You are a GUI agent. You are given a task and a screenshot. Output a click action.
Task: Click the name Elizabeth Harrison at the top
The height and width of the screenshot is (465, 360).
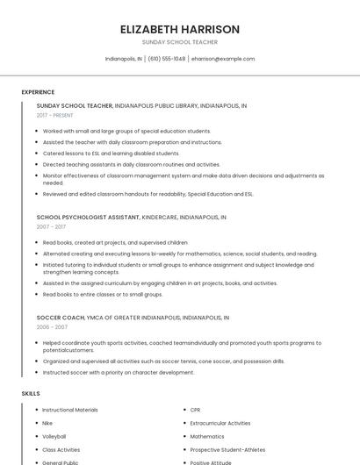pyautogui.click(x=179, y=29)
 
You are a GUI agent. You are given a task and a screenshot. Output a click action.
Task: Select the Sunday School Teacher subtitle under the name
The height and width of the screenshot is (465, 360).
pyautogui.click(x=179, y=42)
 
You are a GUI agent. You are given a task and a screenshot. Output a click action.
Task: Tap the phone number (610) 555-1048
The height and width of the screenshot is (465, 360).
pyautogui.click(x=167, y=59)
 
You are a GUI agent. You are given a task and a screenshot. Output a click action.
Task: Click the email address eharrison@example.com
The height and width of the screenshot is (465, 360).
pyautogui.click(x=223, y=59)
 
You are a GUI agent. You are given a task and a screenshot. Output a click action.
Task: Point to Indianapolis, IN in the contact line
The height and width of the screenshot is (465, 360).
pyautogui.click(x=124, y=59)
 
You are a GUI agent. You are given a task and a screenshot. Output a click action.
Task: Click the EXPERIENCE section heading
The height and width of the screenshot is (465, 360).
pyautogui.click(x=38, y=92)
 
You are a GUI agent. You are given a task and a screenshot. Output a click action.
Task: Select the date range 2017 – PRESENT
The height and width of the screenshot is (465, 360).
pyautogui.click(x=55, y=116)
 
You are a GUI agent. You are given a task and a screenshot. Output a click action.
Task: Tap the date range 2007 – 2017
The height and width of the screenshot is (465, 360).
pyautogui.click(x=51, y=226)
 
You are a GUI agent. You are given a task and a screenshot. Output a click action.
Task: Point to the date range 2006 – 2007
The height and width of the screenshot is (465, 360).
pyautogui.click(x=52, y=327)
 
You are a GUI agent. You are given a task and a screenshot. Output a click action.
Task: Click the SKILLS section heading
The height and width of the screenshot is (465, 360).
pyautogui.click(x=31, y=393)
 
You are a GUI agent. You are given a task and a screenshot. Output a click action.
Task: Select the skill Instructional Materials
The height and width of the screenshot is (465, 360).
pyautogui.click(x=70, y=410)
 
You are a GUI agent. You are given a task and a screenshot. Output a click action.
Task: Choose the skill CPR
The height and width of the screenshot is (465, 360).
pyautogui.click(x=195, y=410)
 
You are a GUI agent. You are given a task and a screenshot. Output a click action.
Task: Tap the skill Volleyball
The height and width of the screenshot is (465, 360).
pyautogui.click(x=54, y=436)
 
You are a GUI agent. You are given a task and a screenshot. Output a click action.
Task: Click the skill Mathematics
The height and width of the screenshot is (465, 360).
pyautogui.click(x=207, y=436)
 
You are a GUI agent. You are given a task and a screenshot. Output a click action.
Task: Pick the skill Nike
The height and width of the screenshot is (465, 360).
pyautogui.click(x=47, y=423)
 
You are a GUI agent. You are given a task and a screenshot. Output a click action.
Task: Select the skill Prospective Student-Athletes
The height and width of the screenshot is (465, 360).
pyautogui.click(x=227, y=449)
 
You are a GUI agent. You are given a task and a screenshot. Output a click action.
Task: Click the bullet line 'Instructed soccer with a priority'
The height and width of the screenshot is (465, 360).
pyautogui.click(x=119, y=372)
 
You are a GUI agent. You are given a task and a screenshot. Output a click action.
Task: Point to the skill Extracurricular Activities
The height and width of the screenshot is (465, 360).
pyautogui.click(x=220, y=423)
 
